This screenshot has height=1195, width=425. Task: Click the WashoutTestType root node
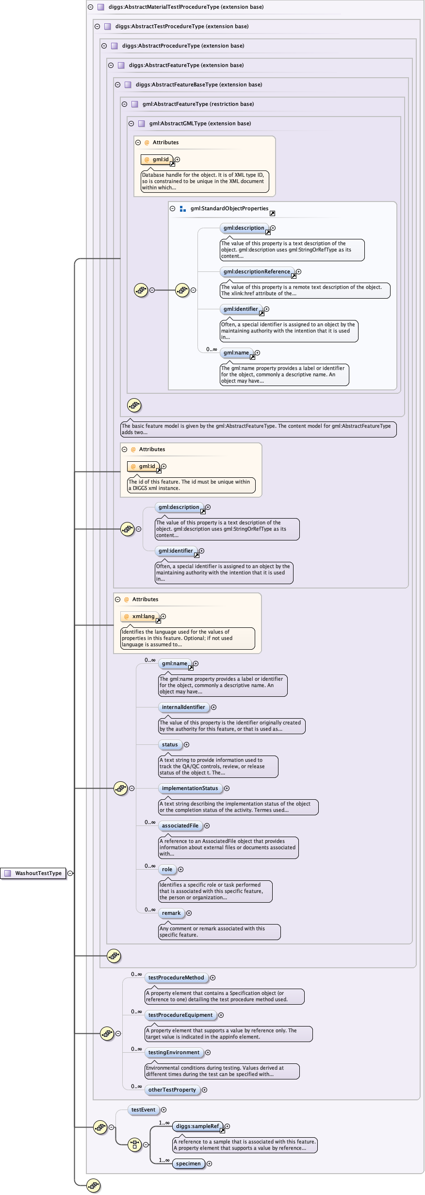point(33,873)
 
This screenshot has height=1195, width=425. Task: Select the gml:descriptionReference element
point(257,272)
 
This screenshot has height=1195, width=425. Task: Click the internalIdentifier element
point(183,707)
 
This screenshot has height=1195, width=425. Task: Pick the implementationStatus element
point(190,789)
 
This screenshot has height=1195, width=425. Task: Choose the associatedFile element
point(180,826)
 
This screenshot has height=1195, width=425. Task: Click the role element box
point(167,870)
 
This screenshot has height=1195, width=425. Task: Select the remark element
point(171,913)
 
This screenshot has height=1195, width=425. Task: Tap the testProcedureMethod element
point(176,978)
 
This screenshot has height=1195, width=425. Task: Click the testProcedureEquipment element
point(180,1015)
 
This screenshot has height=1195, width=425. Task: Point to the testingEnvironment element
point(174,1053)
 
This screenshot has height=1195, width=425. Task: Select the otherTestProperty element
point(172,1090)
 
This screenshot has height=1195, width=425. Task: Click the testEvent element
point(143,1110)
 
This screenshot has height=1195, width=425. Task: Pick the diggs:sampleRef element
point(197,1127)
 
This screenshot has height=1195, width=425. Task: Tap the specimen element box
point(188,1164)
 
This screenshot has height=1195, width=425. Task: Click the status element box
point(170,745)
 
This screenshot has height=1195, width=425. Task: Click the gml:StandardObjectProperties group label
point(229,209)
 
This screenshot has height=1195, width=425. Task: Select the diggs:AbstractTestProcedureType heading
point(181,27)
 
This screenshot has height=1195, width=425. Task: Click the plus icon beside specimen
point(210,1164)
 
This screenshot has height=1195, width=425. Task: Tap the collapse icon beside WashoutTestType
point(70,873)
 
